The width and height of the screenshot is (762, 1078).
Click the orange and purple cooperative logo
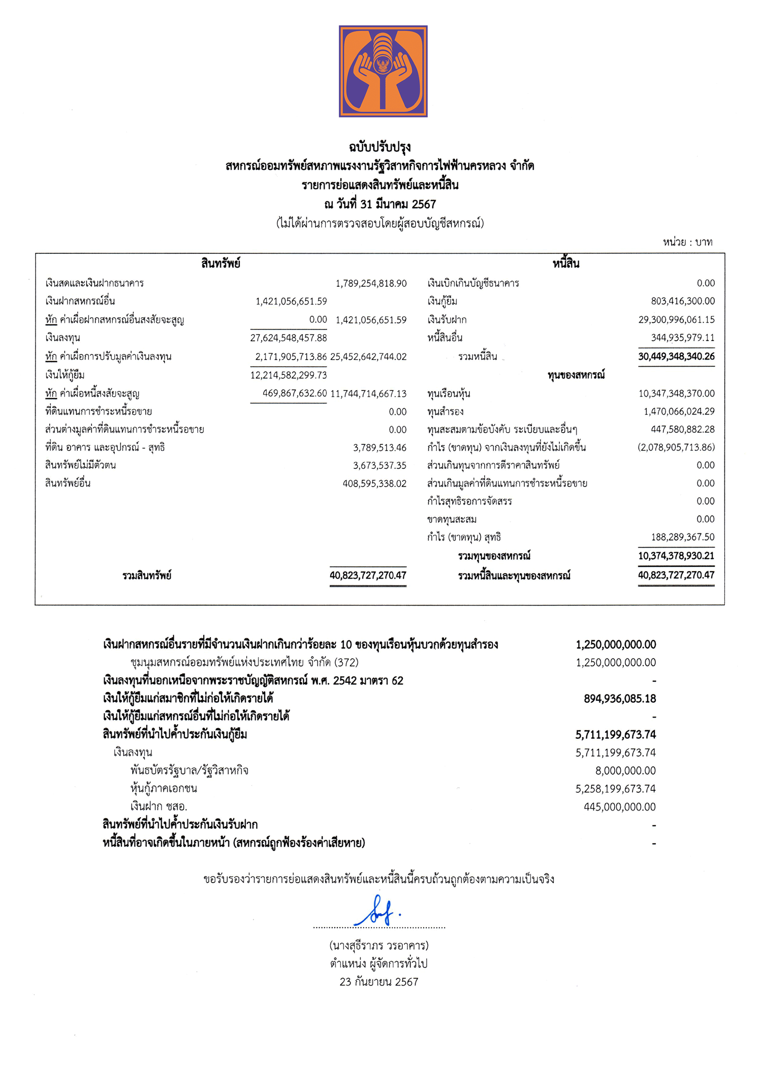pyautogui.click(x=383, y=71)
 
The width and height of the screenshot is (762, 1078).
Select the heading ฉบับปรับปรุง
pyautogui.click(x=379, y=147)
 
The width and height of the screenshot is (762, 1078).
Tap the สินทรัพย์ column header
pyautogui.click(x=220, y=263)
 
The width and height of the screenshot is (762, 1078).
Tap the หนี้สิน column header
pyautogui.click(x=566, y=263)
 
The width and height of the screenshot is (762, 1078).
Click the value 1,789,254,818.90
pyautogui.click(x=371, y=283)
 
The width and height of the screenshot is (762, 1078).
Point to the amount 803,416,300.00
pyautogui.click(x=683, y=301)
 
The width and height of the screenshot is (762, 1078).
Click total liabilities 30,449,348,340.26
pyautogui.click(x=676, y=356)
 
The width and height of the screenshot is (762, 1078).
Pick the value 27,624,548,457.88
pyautogui.click(x=289, y=338)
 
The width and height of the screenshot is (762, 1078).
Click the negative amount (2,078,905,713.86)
pyautogui.click(x=676, y=447)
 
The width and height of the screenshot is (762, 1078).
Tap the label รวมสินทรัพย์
pyautogui.click(x=147, y=576)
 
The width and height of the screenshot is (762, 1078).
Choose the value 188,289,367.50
pyautogui.click(x=683, y=537)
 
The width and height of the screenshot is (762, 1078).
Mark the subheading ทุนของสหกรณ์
pyautogui.click(x=576, y=375)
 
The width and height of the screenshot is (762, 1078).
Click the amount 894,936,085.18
pyautogui.click(x=620, y=699)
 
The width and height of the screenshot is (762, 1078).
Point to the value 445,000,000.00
pyautogui.click(x=620, y=807)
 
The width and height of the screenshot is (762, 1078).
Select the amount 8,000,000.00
pyautogui.click(x=625, y=771)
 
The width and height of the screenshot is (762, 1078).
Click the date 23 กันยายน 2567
pyautogui.click(x=379, y=982)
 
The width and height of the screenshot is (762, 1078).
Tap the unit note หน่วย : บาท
pyautogui.click(x=687, y=242)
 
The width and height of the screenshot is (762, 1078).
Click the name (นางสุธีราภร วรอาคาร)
pyautogui.click(x=379, y=946)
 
